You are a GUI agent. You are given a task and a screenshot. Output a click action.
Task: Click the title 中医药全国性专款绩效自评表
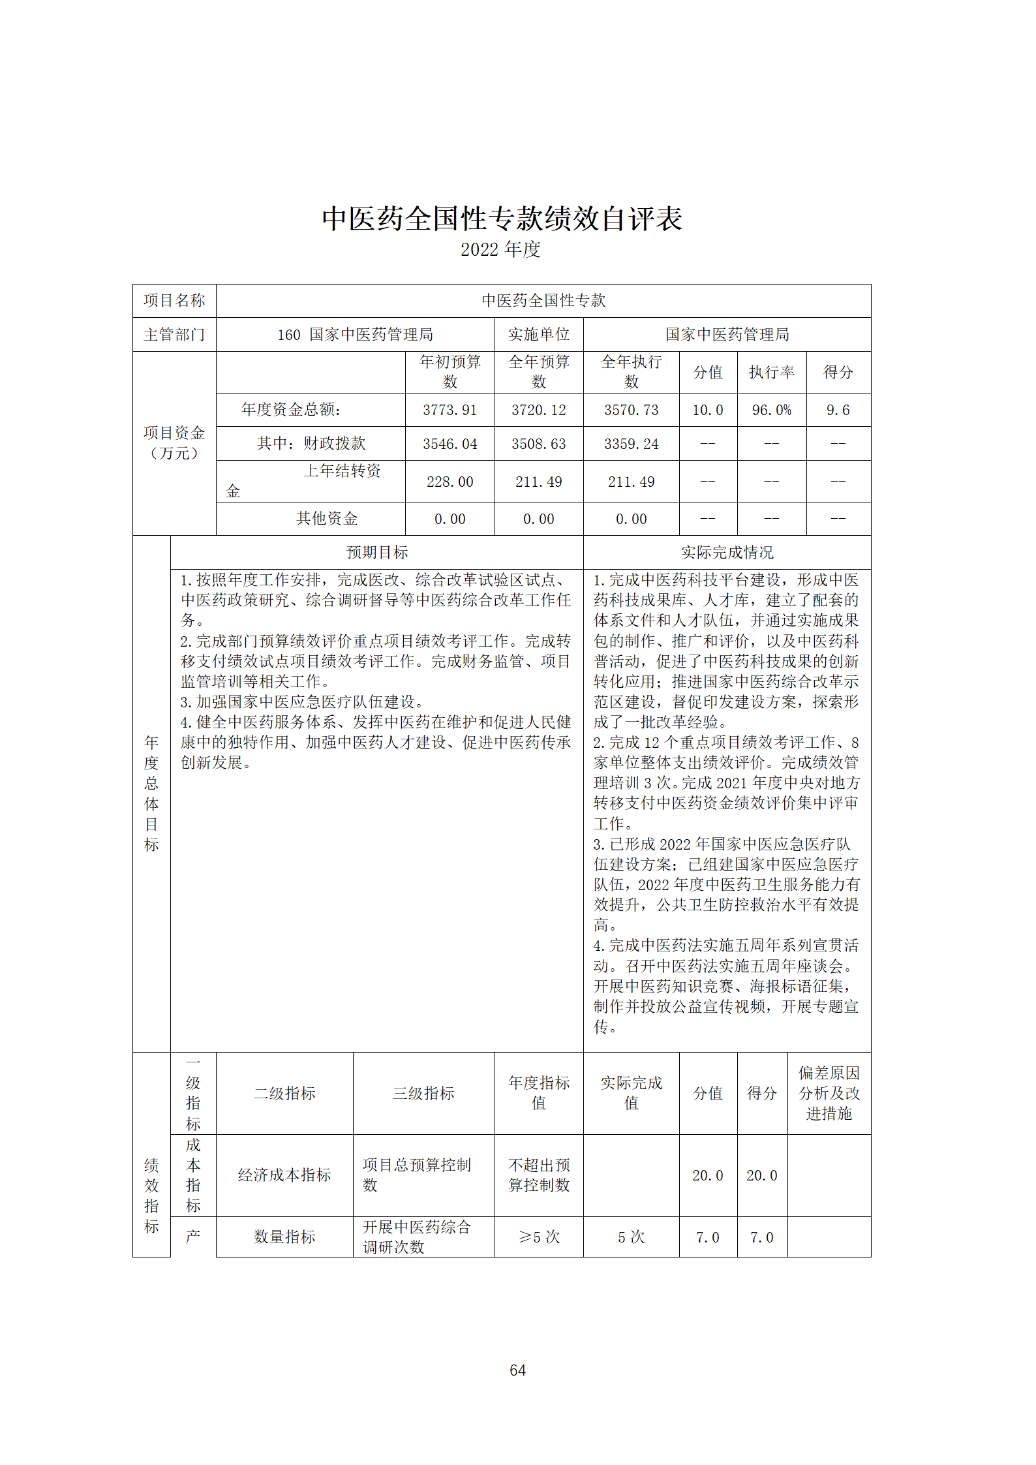click(x=502, y=219)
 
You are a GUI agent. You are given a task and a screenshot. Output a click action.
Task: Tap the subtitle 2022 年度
click(x=500, y=249)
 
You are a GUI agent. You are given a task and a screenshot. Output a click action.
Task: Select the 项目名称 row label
click(x=174, y=301)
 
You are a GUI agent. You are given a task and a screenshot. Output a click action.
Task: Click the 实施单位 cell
click(x=538, y=335)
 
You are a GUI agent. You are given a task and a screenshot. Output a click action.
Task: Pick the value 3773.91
click(x=449, y=410)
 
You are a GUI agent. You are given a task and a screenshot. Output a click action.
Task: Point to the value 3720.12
click(x=538, y=410)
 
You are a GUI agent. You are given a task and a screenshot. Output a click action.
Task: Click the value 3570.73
click(x=631, y=410)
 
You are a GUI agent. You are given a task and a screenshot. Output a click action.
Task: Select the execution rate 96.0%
click(x=771, y=410)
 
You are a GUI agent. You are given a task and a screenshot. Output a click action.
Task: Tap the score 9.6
click(x=838, y=410)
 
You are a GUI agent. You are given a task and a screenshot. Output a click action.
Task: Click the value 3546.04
click(x=449, y=444)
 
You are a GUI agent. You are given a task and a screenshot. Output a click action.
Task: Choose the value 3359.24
click(x=631, y=444)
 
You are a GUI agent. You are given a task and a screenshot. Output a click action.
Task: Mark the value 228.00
click(x=449, y=482)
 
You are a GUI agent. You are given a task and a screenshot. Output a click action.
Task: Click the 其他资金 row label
click(x=327, y=519)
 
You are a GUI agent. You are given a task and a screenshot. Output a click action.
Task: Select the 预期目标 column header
click(x=377, y=553)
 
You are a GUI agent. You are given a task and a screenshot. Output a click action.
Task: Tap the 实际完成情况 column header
click(x=727, y=553)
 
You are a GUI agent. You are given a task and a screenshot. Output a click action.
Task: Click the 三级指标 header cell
click(x=423, y=1093)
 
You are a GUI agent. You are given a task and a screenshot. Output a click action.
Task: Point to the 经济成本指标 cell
click(x=284, y=1175)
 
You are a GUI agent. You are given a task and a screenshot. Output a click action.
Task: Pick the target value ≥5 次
click(x=538, y=1237)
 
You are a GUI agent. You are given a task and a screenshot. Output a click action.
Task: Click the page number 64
click(x=517, y=1370)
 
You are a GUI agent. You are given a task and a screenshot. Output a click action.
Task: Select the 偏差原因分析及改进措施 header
click(x=829, y=1093)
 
